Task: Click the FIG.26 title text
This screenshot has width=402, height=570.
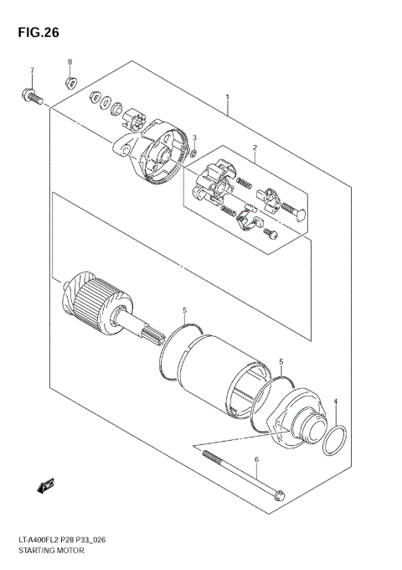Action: (x=36, y=33)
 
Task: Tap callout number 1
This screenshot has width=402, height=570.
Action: (x=226, y=97)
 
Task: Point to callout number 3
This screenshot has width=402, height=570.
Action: (x=193, y=137)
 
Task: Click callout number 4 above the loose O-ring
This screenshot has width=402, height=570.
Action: (x=334, y=402)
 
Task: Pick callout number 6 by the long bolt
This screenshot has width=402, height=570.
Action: (x=256, y=460)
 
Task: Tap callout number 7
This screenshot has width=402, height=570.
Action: (x=32, y=70)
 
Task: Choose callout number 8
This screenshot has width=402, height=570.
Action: (x=70, y=63)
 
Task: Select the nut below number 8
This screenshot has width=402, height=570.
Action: (x=71, y=82)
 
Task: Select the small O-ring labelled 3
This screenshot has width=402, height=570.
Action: (x=193, y=153)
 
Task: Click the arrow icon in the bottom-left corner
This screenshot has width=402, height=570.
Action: (x=44, y=484)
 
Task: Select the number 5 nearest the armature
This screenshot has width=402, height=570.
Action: (x=183, y=310)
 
